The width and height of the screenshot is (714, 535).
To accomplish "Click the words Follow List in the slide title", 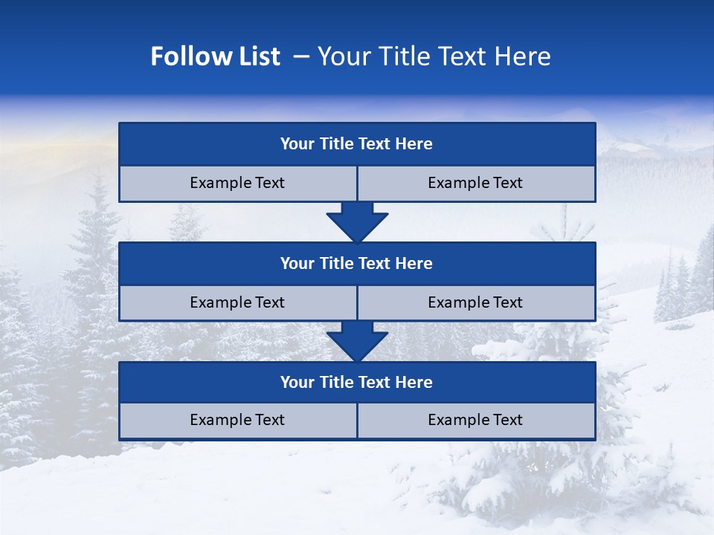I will [x=215, y=56].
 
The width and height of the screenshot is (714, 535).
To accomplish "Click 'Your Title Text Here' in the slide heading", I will [x=434, y=56].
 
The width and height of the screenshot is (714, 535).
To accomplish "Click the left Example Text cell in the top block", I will [x=237, y=184].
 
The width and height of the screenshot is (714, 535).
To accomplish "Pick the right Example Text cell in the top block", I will [x=476, y=184].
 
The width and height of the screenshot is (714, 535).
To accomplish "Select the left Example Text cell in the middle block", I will [x=237, y=303].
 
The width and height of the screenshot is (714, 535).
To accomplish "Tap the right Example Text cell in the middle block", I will [x=476, y=303].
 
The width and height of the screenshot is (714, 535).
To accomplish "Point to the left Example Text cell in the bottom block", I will [x=237, y=421].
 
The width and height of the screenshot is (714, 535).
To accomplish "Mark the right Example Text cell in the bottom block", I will [x=476, y=421].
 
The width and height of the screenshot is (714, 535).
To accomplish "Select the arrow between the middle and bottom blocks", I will [x=357, y=341].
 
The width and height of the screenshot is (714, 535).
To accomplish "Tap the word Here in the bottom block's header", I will [x=414, y=383].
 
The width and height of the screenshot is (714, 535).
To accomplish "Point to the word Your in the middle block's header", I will [x=297, y=264].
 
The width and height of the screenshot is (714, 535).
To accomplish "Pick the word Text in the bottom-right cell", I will [x=507, y=421].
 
